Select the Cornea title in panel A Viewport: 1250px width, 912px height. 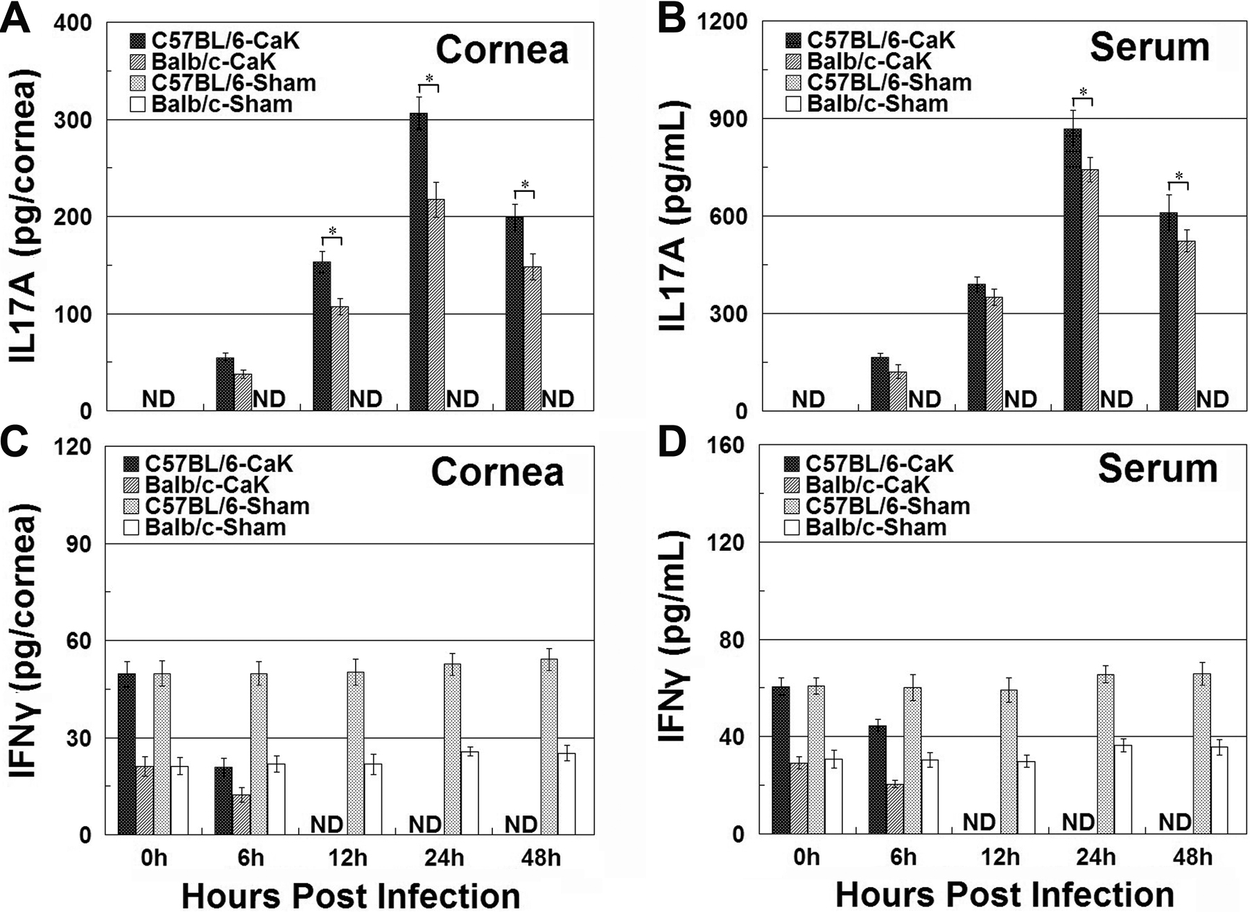pyautogui.click(x=502, y=50)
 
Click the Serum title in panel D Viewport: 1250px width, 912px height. pyautogui.click(x=1157, y=469)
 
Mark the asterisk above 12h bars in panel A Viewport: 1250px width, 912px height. pyautogui.click(x=332, y=231)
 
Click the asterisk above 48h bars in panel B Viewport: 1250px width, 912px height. pyautogui.click(x=1178, y=176)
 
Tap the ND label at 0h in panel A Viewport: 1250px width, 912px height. pyautogui.click(x=159, y=399)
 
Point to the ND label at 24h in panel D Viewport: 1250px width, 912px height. pyautogui.click(x=1078, y=823)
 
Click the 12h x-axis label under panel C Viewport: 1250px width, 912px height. pyautogui.click(x=347, y=858)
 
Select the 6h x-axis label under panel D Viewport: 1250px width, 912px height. pyautogui.click(x=903, y=858)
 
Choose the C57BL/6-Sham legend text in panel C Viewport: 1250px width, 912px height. pyautogui.click(x=227, y=506)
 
